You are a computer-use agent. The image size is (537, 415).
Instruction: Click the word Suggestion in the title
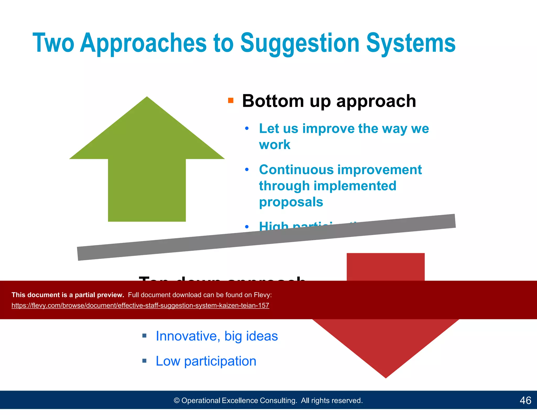(x=300, y=43)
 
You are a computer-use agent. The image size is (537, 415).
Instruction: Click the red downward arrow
(x=385, y=341)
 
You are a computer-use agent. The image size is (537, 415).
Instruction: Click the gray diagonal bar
(x=266, y=237)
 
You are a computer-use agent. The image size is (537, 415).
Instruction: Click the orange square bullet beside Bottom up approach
(x=231, y=100)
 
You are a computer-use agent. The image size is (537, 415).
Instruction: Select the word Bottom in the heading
(x=273, y=101)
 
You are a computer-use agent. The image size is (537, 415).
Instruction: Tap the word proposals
(x=291, y=202)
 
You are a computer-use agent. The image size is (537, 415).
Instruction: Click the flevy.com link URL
(x=140, y=306)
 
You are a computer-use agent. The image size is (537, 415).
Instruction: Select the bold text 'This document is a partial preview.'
(x=68, y=295)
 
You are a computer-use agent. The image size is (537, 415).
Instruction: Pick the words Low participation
(x=206, y=361)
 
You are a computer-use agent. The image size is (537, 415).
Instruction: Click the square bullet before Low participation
(x=144, y=361)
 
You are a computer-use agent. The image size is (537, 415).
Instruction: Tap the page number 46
(x=525, y=400)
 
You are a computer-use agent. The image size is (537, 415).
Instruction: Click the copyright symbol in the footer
(x=177, y=401)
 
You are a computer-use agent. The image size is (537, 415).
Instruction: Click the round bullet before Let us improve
(x=247, y=129)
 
